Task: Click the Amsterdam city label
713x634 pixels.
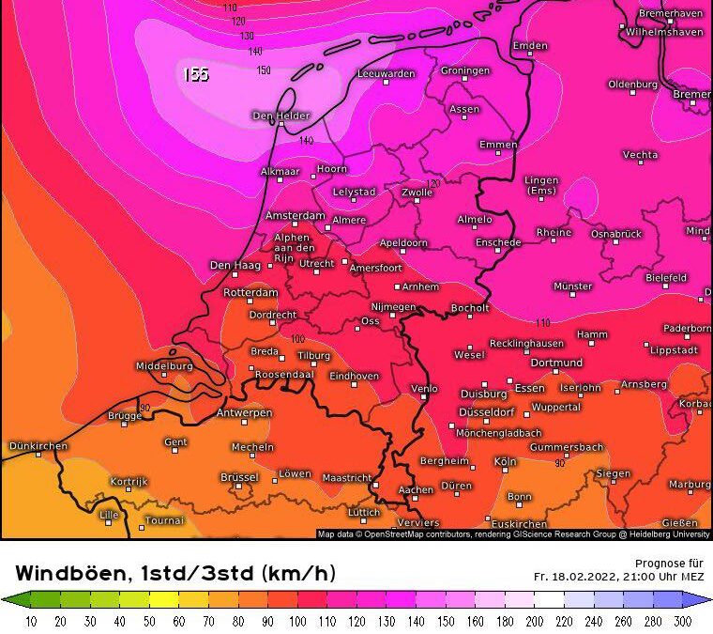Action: pos(294,215)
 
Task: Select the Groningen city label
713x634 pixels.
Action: pos(465,70)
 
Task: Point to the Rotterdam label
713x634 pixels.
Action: pos(250,293)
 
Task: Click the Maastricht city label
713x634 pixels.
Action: pos(347,477)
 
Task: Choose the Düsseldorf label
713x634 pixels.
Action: pos(486,412)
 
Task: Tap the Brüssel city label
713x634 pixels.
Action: pos(239,477)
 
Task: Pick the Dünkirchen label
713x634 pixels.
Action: pos(38,445)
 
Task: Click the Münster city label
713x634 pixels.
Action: pos(572,286)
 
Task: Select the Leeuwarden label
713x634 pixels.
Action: pos(386,73)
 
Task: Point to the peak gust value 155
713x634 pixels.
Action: pos(195,74)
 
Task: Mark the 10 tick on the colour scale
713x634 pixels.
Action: pos(30,621)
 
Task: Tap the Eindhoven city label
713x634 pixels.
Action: pos(354,376)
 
